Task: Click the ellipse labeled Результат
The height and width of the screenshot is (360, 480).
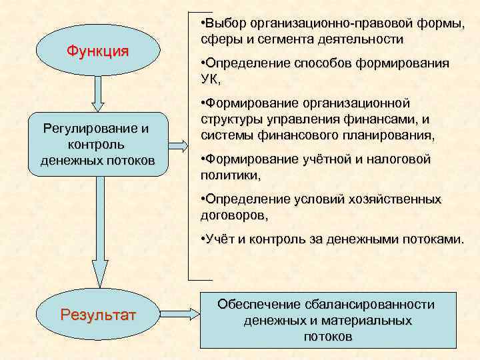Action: click(99, 313)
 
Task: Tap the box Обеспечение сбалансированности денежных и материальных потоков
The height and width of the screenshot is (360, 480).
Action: click(327, 320)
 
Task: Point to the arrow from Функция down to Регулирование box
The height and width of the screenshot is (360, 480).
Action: click(98, 93)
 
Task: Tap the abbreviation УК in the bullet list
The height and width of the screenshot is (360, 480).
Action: click(209, 79)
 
